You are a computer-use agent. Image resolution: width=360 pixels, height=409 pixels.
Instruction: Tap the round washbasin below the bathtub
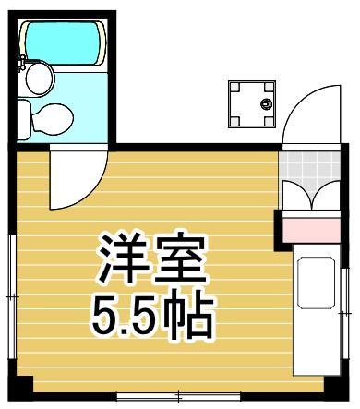point(39,79)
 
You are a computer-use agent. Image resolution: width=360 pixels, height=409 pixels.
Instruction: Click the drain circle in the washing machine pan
point(267,104)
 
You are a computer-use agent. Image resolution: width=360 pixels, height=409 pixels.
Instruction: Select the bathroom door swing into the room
point(76,180)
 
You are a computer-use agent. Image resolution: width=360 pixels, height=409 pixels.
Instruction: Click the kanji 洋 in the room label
point(120,259)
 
